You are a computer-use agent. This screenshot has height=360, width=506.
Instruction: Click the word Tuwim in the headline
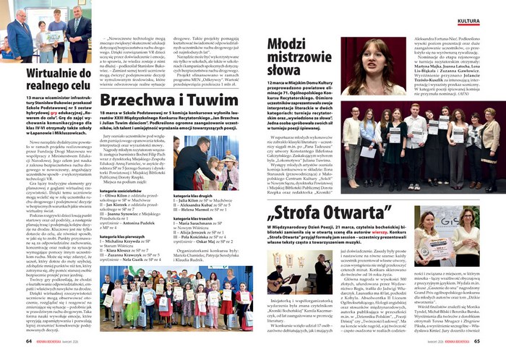(221, 98)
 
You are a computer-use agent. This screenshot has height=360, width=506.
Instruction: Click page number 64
(29, 341)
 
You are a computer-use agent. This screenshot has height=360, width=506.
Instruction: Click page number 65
(477, 341)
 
